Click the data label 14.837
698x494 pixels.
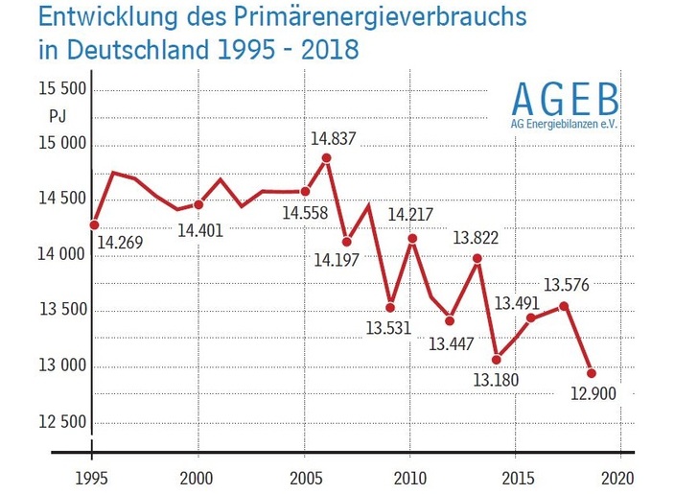click(x=333, y=138)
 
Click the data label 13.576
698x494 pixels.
click(x=567, y=285)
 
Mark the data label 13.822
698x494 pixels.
click(x=475, y=237)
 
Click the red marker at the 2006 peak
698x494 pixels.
click(x=327, y=158)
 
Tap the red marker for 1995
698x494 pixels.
click(x=94, y=224)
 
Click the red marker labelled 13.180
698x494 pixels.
click(x=496, y=360)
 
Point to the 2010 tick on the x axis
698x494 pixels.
click(x=410, y=452)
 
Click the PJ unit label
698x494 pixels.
click(x=57, y=116)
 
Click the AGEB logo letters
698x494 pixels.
click(x=566, y=99)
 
